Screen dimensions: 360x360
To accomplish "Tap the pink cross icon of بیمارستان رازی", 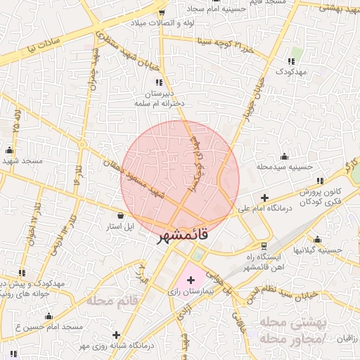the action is pyautogui.click(x=191, y=280).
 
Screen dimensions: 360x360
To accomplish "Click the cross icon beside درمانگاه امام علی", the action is pyautogui.click(x=264, y=198).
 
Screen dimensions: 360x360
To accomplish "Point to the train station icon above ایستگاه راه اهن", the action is pyautogui.click(x=263, y=247).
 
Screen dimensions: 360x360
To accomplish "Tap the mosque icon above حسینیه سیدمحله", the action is pyautogui.click(x=283, y=156).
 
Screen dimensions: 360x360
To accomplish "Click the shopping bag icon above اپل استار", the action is pyautogui.click(x=121, y=216).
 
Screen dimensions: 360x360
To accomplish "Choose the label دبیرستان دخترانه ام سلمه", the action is pyautogui.click(x=159, y=98).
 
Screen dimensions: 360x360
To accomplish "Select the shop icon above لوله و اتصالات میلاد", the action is pyautogui.click(x=162, y=12).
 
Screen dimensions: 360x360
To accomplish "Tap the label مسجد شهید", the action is pyautogui.click(x=22, y=161).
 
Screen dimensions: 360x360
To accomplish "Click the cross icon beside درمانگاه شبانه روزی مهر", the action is pyautogui.click(x=117, y=335).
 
